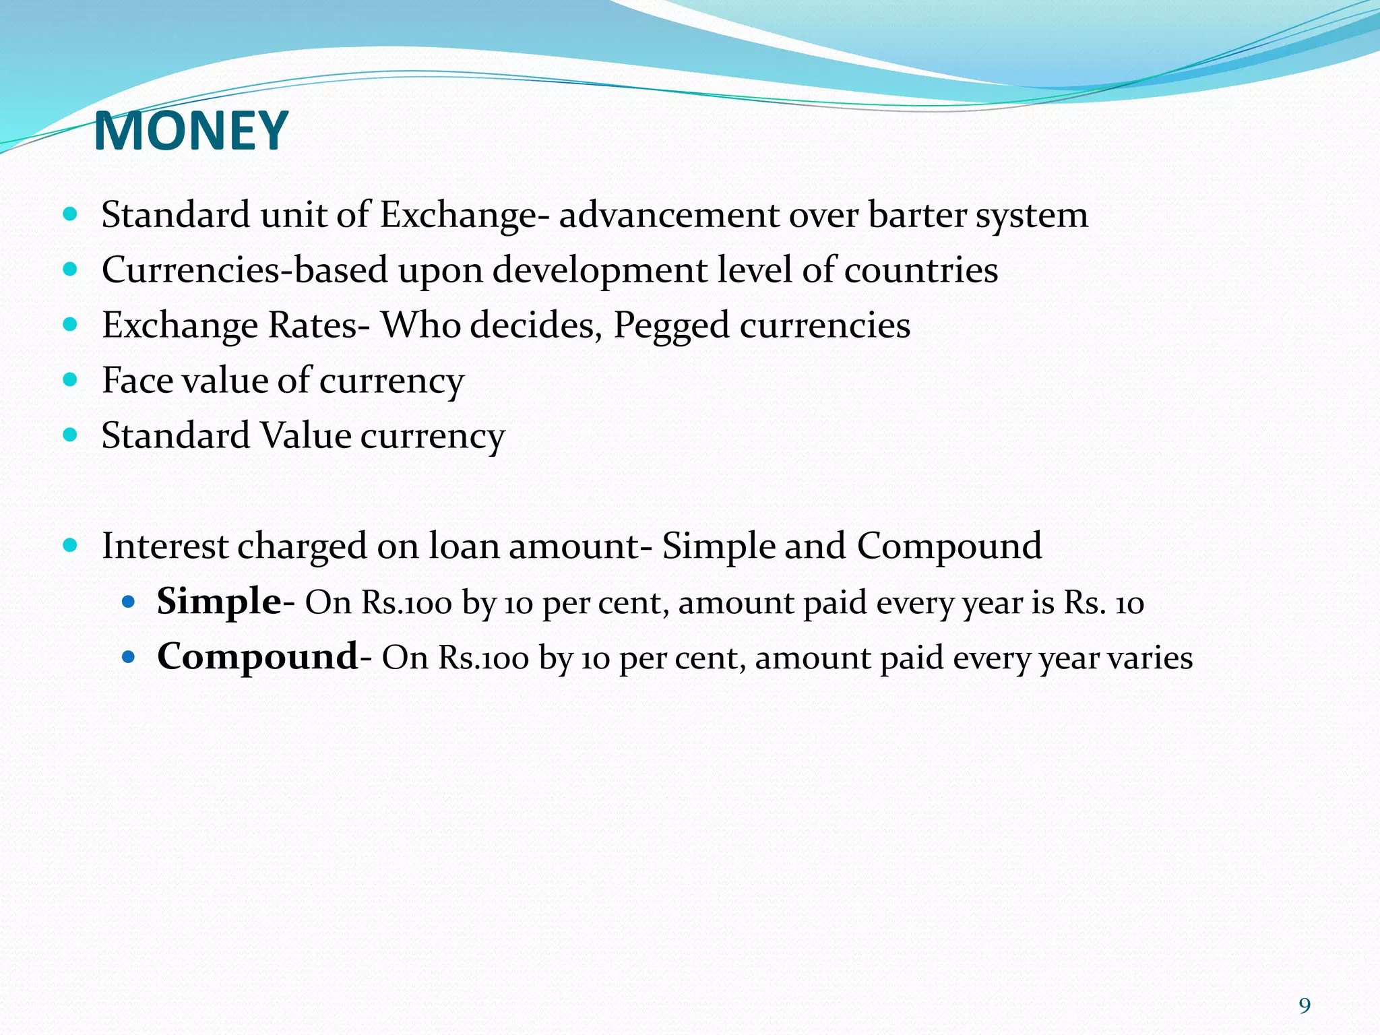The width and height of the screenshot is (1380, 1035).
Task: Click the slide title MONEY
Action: pyautogui.click(x=191, y=131)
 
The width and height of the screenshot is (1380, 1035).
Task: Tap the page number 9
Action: pyautogui.click(x=1305, y=1005)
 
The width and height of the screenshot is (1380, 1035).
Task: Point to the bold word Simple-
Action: pyautogui.click(x=225, y=601)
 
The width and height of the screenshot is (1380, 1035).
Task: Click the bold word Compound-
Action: pyautogui.click(x=263, y=656)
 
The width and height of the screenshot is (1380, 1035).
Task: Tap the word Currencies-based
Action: pyautogui.click(x=245, y=270)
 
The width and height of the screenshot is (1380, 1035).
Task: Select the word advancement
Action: pyautogui.click(x=668, y=215)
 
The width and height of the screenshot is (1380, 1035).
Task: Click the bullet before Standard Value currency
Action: pyautogui.click(x=70, y=435)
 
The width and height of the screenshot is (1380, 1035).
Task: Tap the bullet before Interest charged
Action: pyautogui.click(x=70, y=544)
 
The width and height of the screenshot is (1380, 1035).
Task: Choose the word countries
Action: pyautogui.click(x=920, y=270)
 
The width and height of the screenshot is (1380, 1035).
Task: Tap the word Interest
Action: pyautogui.click(x=164, y=546)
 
